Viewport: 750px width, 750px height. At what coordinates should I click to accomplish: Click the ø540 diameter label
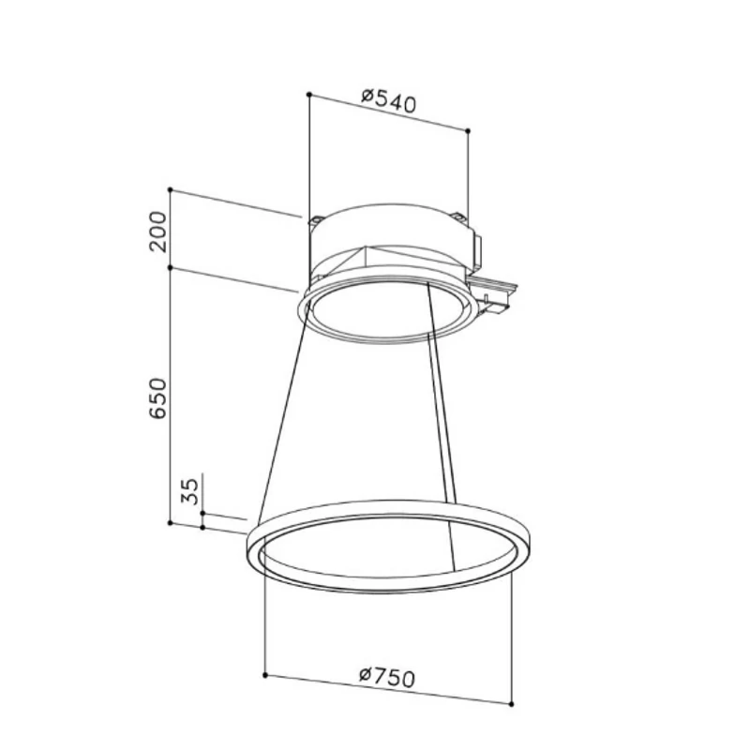point(389,100)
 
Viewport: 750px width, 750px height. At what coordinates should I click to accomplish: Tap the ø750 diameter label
point(387,677)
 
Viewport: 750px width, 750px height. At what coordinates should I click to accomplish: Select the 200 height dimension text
point(158,232)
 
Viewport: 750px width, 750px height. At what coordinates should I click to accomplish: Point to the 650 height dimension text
point(158,398)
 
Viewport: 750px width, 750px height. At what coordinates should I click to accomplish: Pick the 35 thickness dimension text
point(190,491)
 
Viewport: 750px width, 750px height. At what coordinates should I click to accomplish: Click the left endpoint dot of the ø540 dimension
point(309,95)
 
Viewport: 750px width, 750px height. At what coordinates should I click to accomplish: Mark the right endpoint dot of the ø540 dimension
point(468,130)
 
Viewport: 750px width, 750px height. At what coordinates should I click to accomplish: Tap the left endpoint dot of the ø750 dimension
point(265,675)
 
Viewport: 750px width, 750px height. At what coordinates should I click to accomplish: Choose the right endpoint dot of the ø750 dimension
point(511,704)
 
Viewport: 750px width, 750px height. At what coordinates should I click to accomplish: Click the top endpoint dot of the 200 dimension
point(171,190)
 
